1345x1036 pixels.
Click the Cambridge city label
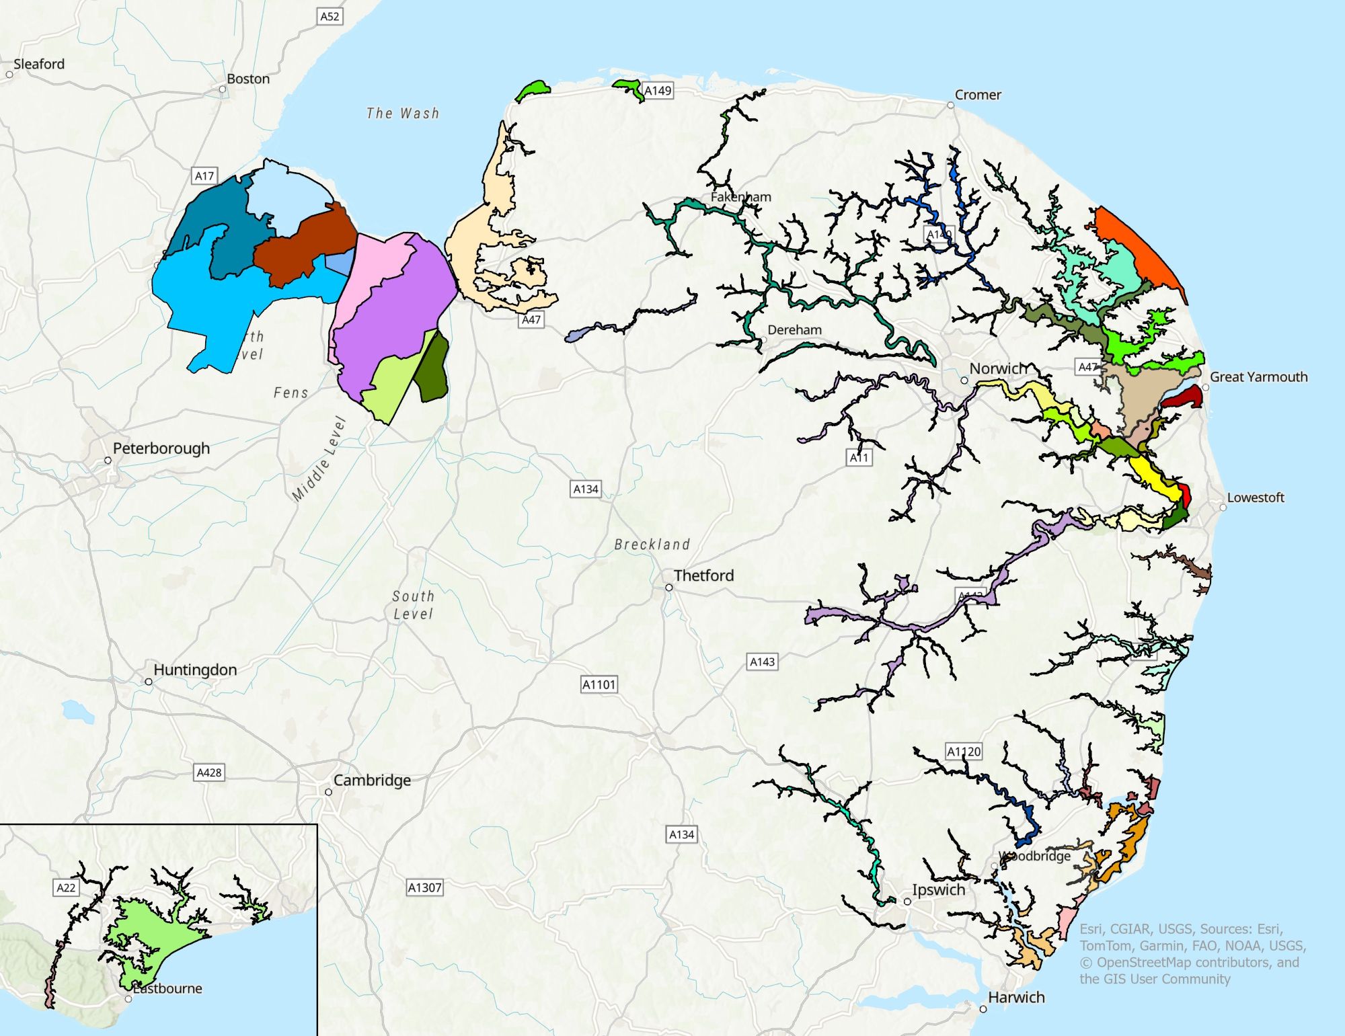pos(371,781)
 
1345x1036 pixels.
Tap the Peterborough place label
pos(161,448)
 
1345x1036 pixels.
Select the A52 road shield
pos(330,16)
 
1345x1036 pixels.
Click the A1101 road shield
pos(599,684)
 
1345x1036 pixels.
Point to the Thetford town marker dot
pos(669,588)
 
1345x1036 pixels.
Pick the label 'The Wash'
pos(403,114)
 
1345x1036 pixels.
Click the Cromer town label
pos(977,95)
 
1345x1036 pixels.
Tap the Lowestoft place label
pos(1255,497)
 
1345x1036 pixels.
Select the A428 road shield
pos(208,772)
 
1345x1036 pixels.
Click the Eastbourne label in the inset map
pos(168,988)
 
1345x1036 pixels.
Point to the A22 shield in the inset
pos(66,887)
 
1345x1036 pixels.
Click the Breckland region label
pos(652,545)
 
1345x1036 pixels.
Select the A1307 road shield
pos(424,887)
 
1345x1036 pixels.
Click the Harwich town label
pos(1016,997)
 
